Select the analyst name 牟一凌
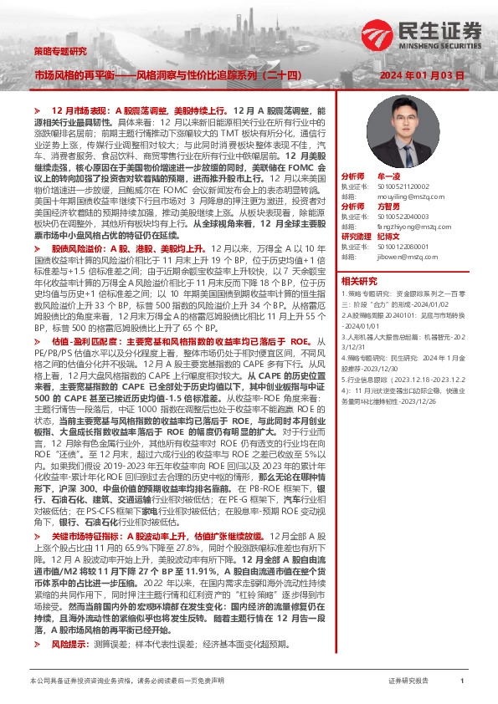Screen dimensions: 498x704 click(x=390, y=178)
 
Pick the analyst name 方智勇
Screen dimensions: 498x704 click(x=390, y=206)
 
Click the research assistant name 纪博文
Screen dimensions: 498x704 click(x=390, y=237)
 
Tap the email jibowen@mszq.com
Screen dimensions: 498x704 click(x=404, y=258)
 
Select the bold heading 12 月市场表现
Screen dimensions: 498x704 click(x=80, y=110)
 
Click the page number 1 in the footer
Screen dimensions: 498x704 click(x=462, y=682)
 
